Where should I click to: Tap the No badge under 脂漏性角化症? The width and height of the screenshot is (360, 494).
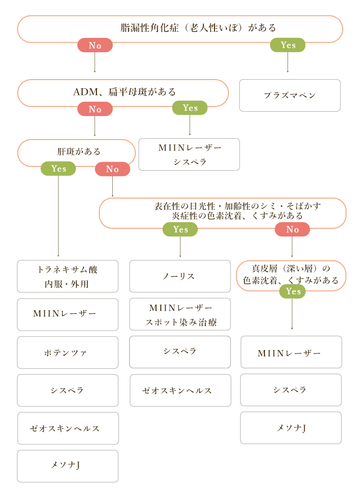coord(95,46)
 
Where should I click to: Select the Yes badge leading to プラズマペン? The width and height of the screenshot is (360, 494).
coord(288,45)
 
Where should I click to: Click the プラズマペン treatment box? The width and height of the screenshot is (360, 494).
coord(290,95)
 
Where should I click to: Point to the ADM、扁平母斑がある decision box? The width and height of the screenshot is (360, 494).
coord(123,92)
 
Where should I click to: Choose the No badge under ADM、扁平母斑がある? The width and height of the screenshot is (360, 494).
coord(95,109)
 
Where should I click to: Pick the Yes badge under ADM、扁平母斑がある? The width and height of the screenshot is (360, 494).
coord(190,108)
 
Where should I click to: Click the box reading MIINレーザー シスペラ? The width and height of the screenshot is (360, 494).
coord(189,154)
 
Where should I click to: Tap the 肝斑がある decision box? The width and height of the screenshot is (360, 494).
coord(77,152)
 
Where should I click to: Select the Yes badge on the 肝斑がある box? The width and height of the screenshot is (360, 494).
coord(58,169)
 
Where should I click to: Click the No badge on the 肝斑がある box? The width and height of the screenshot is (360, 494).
coord(112,169)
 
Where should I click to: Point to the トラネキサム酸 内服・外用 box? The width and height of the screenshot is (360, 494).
coord(68,276)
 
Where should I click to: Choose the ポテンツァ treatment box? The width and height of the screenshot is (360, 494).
coord(68,353)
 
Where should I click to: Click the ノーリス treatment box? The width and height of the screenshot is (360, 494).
coord(180,276)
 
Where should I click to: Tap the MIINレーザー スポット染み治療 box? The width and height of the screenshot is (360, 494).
coord(180,314)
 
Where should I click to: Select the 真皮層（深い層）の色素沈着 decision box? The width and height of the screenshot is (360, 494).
coord(291,275)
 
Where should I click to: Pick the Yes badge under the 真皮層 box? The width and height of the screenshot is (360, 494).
coord(292,292)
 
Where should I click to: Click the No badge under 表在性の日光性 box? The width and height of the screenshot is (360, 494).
coord(292,229)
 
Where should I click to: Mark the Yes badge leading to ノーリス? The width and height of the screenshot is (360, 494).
coord(180,229)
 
